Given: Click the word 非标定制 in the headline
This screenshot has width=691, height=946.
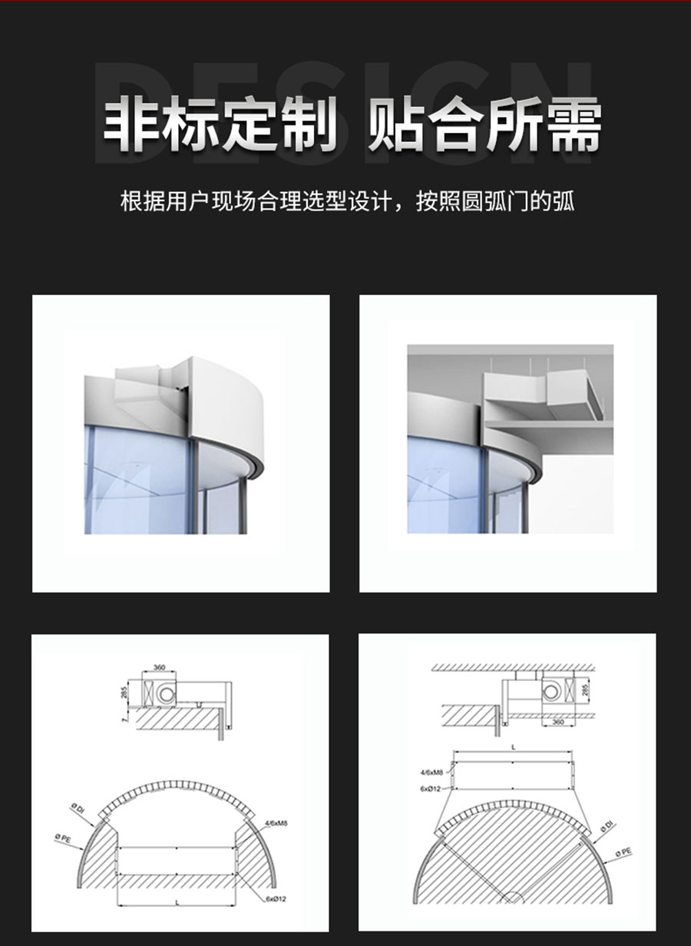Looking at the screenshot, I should [220, 124].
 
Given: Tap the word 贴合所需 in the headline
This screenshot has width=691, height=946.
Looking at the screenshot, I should [484, 124].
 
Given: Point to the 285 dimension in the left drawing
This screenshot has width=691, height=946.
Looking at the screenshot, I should [124, 693].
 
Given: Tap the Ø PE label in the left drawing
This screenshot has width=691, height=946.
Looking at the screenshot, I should [63, 838].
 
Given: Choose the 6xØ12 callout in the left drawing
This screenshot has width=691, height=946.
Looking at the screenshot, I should [274, 898].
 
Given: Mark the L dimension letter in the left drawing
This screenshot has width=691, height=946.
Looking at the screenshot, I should [177, 905].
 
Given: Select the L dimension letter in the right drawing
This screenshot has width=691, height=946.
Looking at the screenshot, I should [513, 745].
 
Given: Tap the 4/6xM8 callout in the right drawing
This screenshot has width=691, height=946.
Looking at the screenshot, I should [432, 772].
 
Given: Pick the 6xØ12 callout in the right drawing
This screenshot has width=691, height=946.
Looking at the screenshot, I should [430, 789].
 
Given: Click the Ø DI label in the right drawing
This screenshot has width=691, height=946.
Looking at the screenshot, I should [607, 825].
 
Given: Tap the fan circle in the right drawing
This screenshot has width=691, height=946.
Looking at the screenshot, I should [550, 693].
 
